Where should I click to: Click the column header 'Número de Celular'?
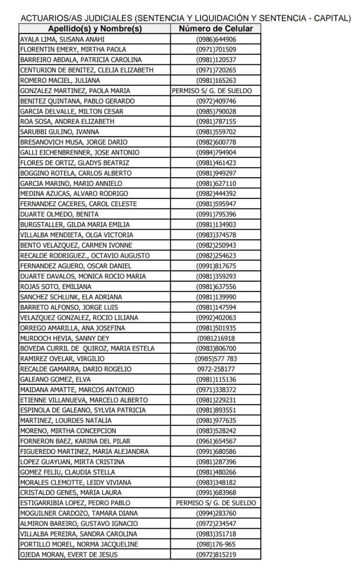pos(215,29)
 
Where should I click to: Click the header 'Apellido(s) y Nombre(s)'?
pos(94,29)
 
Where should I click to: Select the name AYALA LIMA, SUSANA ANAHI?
pos(62,39)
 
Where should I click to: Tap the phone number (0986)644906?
pos(216,39)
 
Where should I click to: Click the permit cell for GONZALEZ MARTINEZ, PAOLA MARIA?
pos(216,91)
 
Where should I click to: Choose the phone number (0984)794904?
pos(216,153)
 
